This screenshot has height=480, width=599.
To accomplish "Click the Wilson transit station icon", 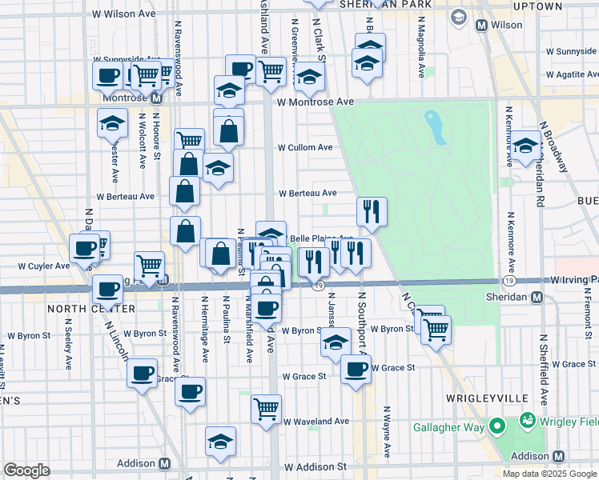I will (482, 25).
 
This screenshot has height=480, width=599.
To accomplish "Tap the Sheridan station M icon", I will (537, 298).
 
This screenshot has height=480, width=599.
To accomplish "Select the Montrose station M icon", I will (156, 98).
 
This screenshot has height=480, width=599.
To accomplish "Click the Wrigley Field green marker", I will (527, 419).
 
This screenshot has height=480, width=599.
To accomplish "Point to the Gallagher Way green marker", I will (496, 427).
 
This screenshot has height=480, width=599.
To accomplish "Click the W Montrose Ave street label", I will (316, 102).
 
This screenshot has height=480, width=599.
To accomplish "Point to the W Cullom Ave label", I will (304, 148).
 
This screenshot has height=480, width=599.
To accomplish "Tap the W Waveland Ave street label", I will (316, 421).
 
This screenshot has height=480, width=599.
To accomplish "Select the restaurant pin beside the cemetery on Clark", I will (372, 211).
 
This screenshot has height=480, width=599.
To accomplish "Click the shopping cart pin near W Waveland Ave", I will (266, 409).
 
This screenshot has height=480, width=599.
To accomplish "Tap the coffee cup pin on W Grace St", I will (356, 370).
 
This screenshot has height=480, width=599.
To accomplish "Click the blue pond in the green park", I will (434, 127).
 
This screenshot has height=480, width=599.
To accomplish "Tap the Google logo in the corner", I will (26, 470).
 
